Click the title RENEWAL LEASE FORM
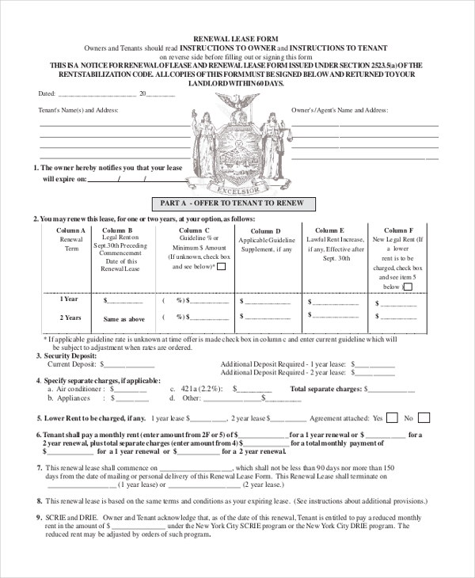coord(237,37)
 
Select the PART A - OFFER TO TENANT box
coord(237,203)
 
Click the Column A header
coord(70,230)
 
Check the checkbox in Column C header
coord(221,267)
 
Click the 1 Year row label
coord(70,299)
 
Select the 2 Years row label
coord(70,318)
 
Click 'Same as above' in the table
coord(123,319)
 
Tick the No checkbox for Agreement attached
coord(424,417)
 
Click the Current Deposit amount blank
coord(127,366)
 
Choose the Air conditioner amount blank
coord(131,390)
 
